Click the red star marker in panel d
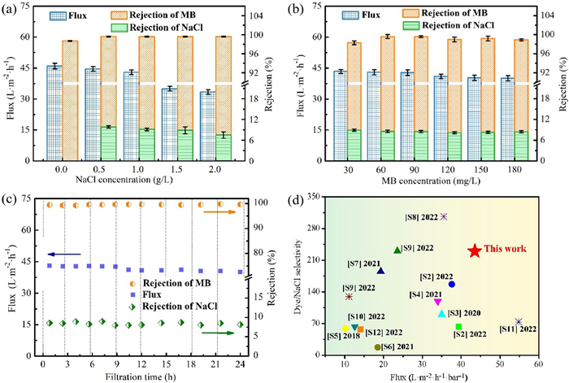tap(475, 250)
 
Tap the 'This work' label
tap(506, 248)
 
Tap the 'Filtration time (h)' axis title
tap(141, 376)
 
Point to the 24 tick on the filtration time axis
tap(240, 363)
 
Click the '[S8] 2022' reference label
tap(420, 216)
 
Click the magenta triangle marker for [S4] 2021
tap(437, 302)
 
